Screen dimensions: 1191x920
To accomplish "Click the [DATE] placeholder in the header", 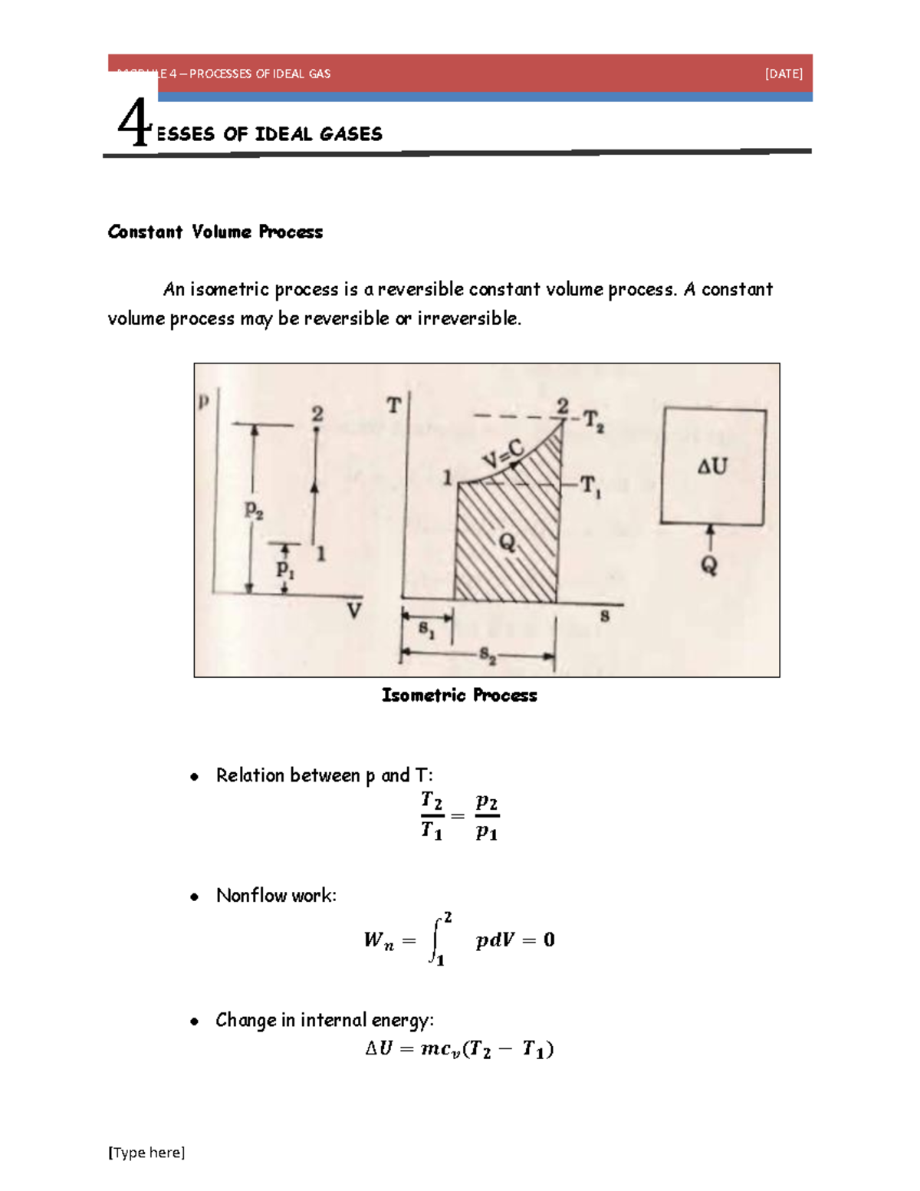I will pos(784,74).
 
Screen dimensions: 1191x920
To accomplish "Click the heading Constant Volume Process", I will pos(215,232).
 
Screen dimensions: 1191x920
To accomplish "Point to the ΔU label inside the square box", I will pos(712,466).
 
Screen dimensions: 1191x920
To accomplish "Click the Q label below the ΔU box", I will pos(709,566).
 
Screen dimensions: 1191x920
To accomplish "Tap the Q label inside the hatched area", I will pos(508,543).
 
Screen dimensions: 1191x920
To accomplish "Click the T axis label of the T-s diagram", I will pos(393,406).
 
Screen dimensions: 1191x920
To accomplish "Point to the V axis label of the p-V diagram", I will pos(353,611).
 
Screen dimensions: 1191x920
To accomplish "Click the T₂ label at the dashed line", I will pos(593,420).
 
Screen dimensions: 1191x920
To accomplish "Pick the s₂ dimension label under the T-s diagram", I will pos(488,656).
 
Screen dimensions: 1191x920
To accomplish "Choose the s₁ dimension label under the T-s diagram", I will pos(427,630).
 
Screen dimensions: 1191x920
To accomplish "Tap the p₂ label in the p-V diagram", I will pos(254,509).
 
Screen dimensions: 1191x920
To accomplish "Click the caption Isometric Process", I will pos(459,696).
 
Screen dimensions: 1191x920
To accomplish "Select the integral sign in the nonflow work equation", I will pos(435,939).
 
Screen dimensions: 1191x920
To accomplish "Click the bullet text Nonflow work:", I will pos(276,896).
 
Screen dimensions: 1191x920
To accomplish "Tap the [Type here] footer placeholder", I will pos(146,1152).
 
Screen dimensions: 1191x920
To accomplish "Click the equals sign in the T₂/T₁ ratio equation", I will pos(458,816).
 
